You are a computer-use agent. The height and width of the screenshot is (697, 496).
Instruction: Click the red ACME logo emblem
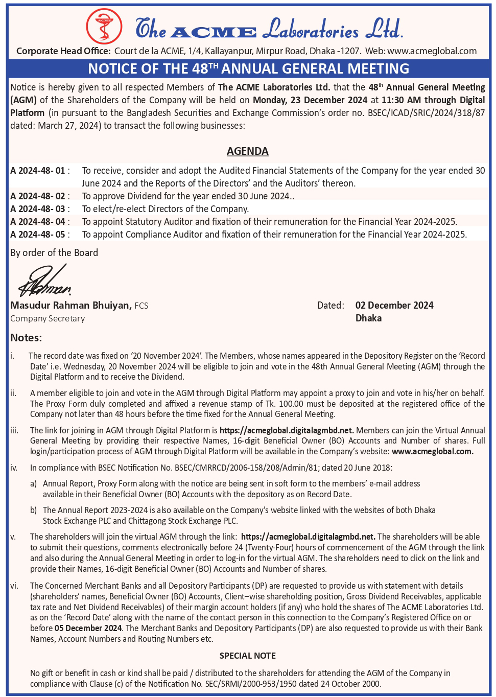pos(104,27)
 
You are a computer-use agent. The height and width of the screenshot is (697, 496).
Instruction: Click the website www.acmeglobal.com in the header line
pos(432,51)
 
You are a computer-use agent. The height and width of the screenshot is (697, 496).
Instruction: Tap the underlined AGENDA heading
pos(248,151)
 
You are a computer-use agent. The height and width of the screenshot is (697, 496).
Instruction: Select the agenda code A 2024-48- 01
pos(38,171)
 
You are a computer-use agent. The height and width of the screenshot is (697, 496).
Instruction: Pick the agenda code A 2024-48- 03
pos(38,209)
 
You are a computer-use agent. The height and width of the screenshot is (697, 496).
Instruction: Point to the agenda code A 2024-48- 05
pos(38,235)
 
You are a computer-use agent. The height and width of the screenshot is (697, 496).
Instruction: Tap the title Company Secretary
pos(48,318)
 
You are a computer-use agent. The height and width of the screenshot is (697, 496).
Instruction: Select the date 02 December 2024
pos(394,306)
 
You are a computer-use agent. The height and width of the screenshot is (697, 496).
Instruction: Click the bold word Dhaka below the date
pos(368,318)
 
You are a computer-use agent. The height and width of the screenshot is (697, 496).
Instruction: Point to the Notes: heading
pos(26,338)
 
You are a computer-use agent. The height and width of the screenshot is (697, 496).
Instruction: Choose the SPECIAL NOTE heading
pos(248,656)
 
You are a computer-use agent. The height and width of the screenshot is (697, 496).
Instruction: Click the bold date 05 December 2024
pos(88,628)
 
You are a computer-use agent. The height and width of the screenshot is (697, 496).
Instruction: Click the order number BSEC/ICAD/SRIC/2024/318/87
pos(426,113)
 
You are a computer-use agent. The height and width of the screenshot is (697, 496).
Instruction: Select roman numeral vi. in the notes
pos(14,586)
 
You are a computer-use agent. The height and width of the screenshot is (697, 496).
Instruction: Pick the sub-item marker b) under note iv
pos(34,510)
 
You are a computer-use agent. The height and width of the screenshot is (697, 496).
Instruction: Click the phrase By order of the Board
pos(54,253)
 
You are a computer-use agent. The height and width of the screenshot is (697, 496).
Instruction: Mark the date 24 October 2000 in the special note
pos(350,684)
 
